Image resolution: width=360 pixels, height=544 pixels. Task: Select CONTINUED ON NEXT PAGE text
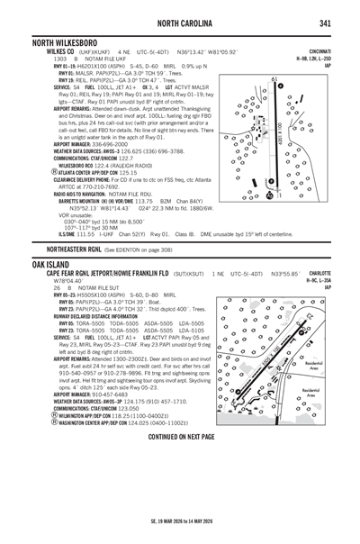(x=180, y=436)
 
